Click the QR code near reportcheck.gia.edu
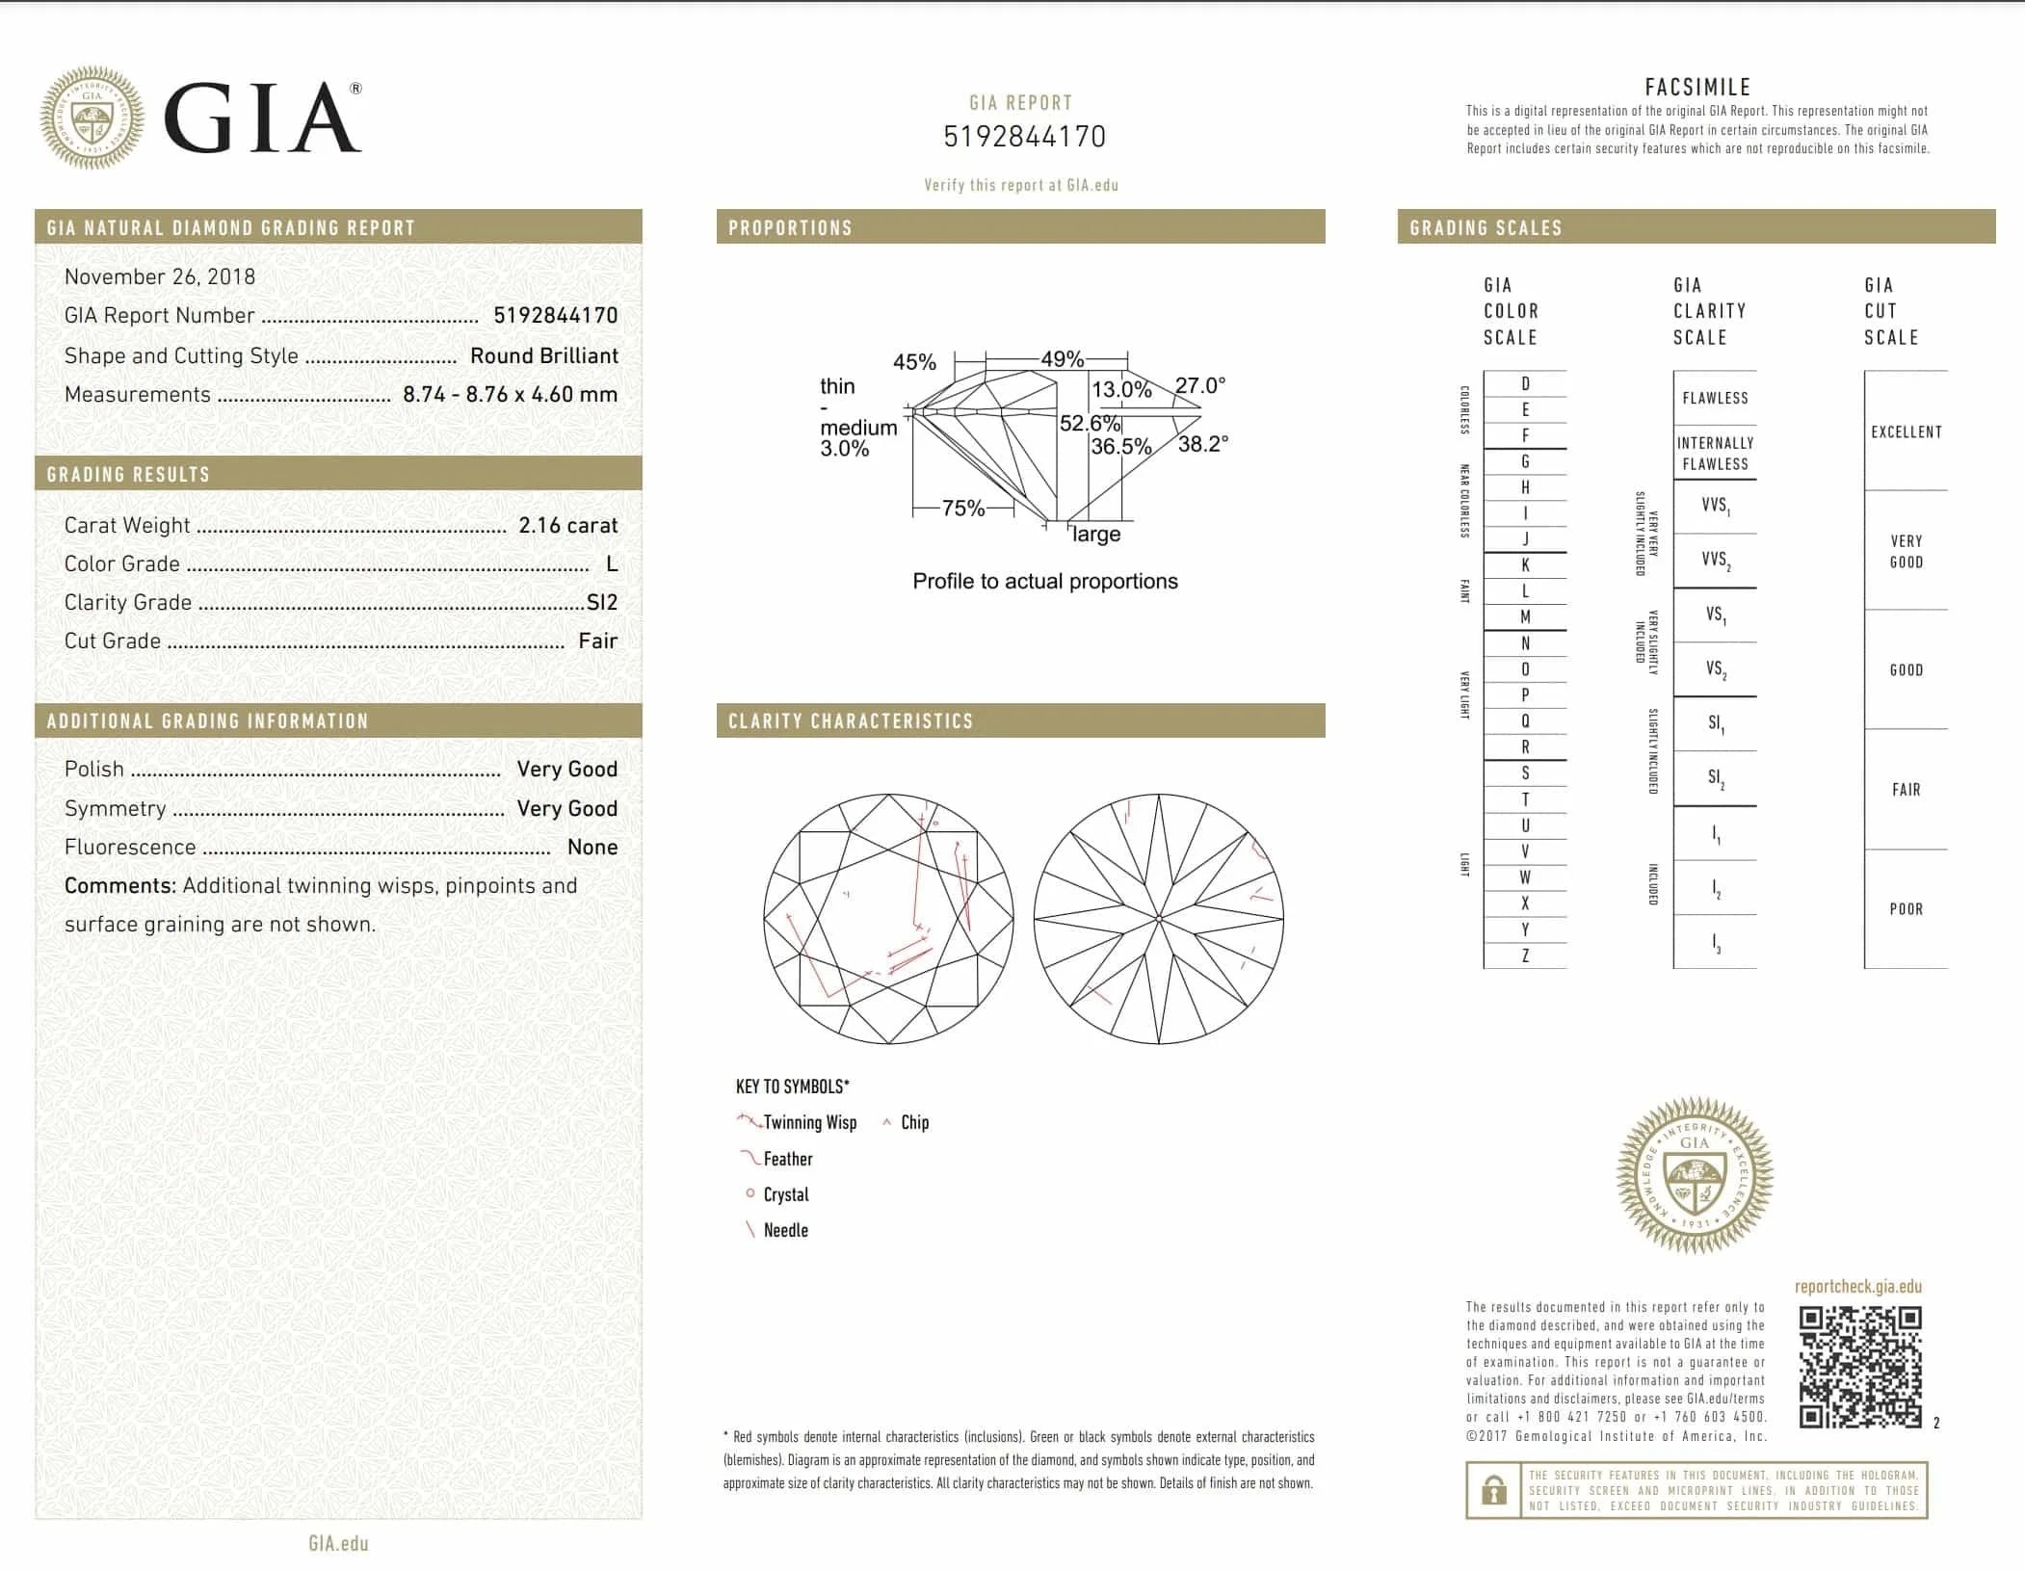1860,1366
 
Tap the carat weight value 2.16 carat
567,525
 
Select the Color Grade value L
612,564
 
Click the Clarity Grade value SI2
602,603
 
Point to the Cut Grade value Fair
597,641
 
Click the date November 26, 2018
160,277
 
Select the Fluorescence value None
592,848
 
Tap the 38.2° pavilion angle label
1202,444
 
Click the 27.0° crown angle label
1199,385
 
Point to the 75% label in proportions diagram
962,509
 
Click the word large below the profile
1096,535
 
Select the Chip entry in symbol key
914,1122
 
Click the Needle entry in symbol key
785,1230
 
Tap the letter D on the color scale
1525,384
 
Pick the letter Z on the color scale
1525,956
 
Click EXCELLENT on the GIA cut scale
1906,432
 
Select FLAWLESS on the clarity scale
1715,398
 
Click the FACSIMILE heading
1697,87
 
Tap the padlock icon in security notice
1493,1490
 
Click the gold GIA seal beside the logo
92,118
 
